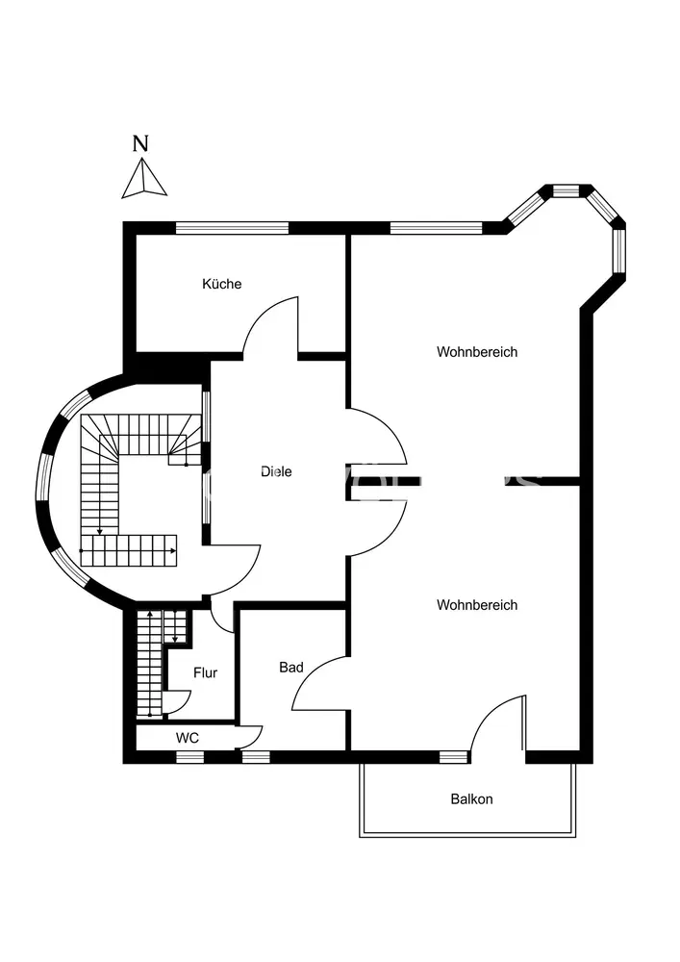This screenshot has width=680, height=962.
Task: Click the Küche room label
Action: pos(221,284)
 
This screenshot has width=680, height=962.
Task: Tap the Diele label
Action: pos(276,471)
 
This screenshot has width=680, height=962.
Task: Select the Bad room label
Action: pos(291,667)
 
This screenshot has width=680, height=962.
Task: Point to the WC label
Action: pos(187,738)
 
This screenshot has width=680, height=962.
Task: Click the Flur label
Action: pos(205,672)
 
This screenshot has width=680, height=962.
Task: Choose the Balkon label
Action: pos(471,798)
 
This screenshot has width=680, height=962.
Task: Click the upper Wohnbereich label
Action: pos(477,352)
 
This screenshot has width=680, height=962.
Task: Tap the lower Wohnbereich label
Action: pos(477,605)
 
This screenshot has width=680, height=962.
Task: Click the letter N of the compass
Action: pos(140,144)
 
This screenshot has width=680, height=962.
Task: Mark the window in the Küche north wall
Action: pos(232,228)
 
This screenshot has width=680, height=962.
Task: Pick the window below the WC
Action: pos(190,756)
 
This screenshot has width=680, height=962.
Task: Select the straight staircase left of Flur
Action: pos(149,664)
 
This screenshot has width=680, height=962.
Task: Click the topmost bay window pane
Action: pos(567,190)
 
